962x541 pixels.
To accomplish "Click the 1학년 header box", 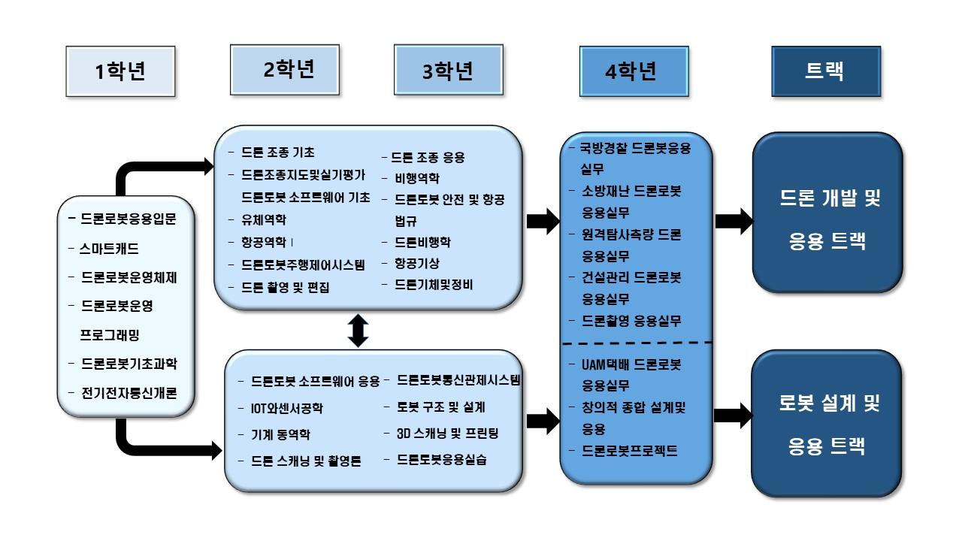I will [120, 72].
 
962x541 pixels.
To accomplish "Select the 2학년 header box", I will [289, 69].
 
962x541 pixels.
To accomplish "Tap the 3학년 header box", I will [447, 71].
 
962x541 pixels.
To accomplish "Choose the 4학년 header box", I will [634, 71].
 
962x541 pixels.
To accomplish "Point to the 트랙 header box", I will [826, 71].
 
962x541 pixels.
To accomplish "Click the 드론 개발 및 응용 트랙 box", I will [827, 220].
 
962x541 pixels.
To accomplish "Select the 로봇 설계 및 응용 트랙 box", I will [827, 425].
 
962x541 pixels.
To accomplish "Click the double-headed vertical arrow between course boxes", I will [358, 330].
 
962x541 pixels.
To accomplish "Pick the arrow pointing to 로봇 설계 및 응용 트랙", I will [734, 415].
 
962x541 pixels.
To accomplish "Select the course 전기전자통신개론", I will [128, 392].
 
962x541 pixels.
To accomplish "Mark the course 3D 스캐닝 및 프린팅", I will [447, 434].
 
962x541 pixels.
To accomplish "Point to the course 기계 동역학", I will [280, 434].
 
